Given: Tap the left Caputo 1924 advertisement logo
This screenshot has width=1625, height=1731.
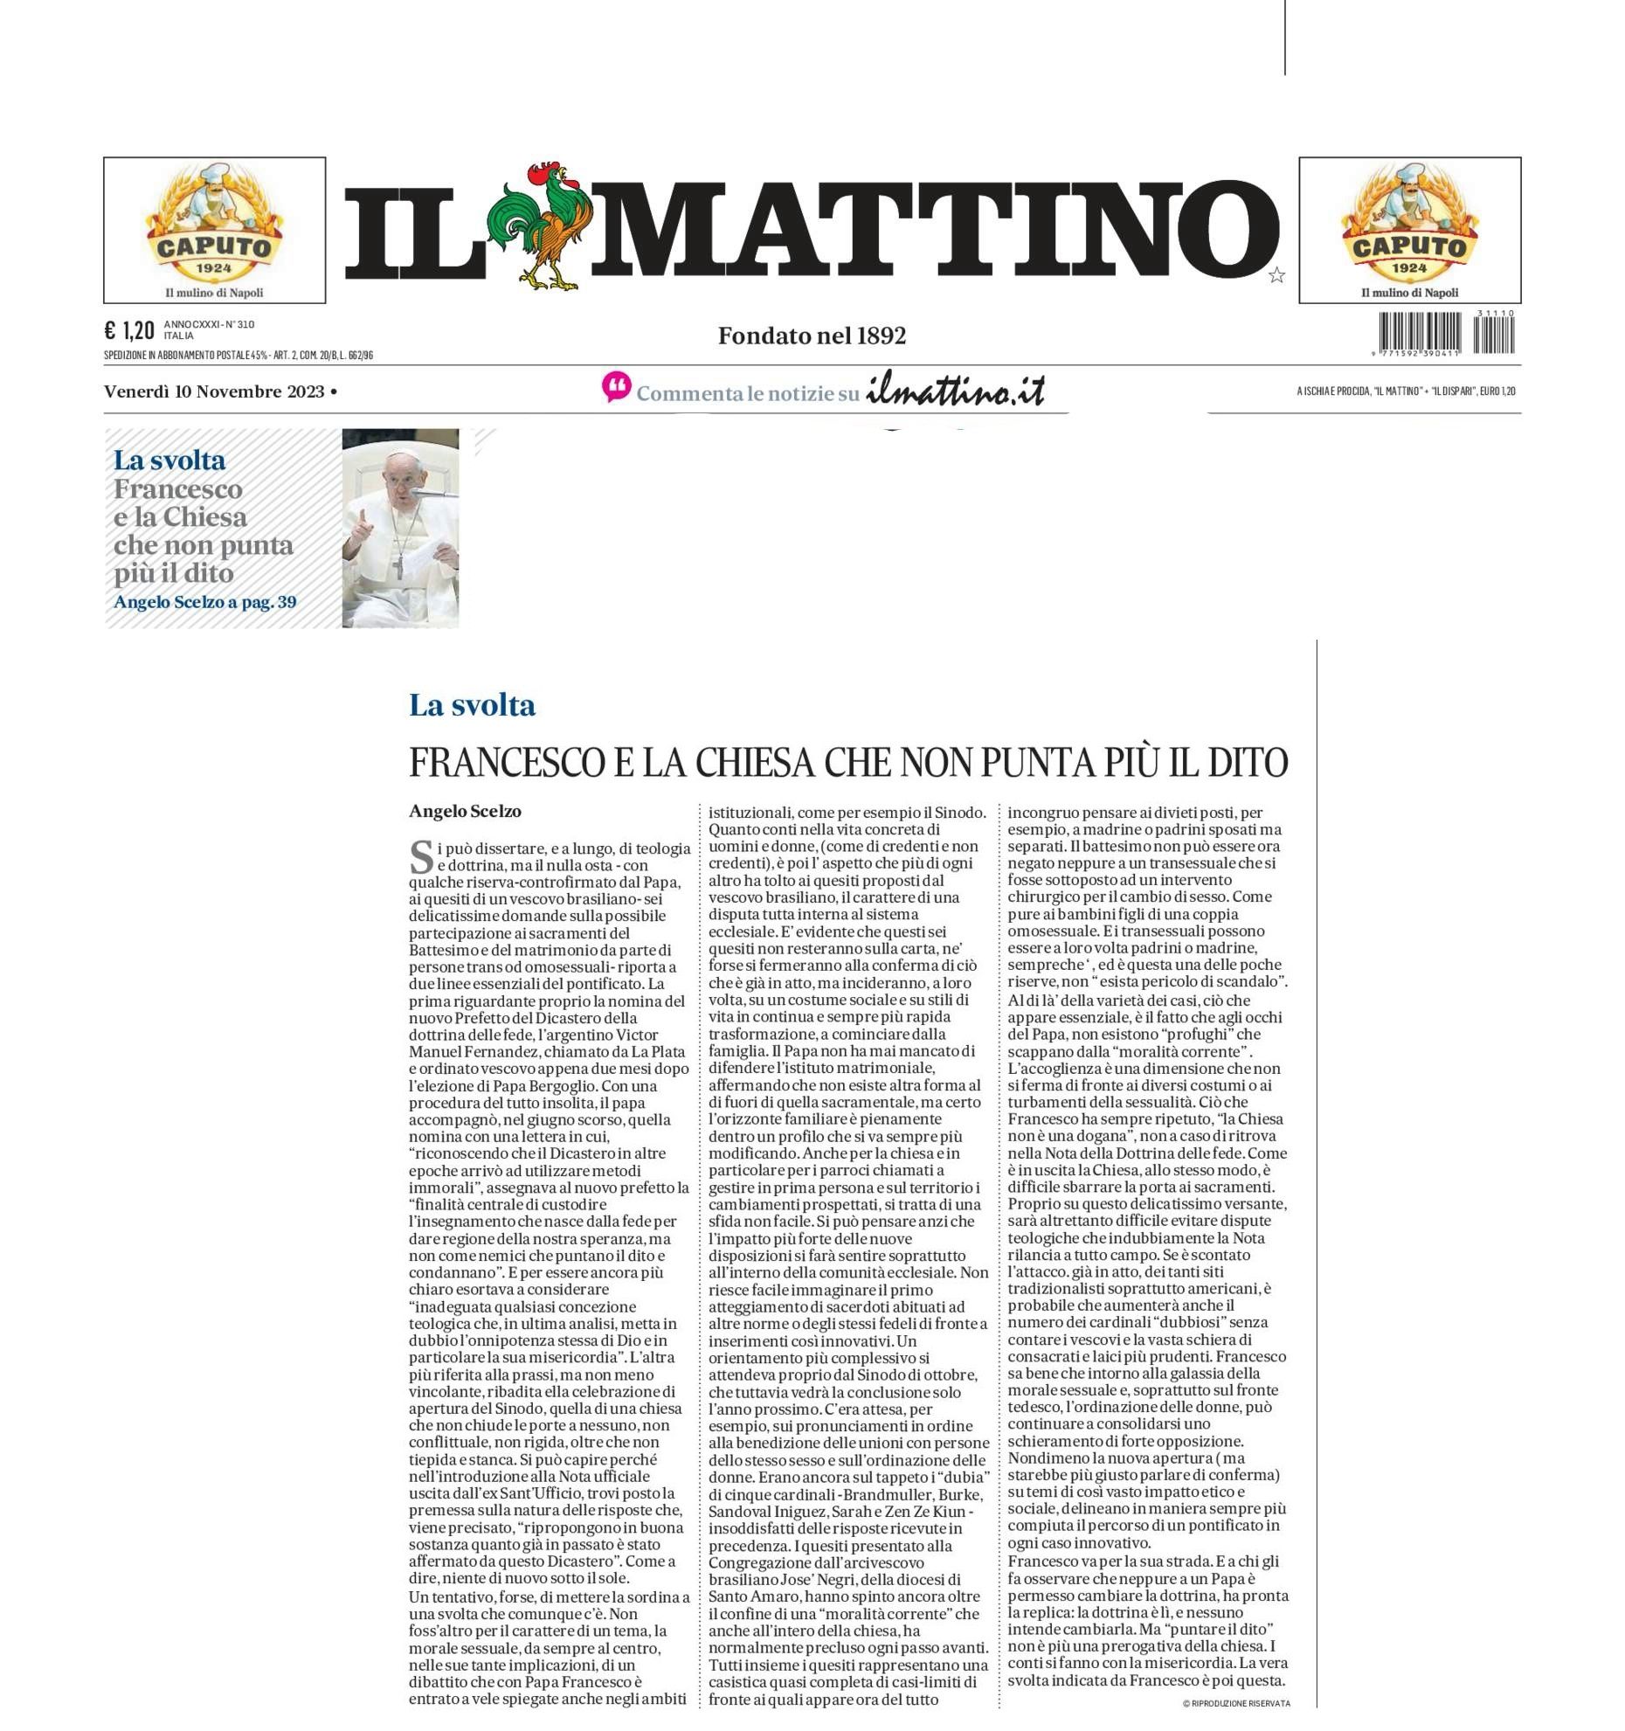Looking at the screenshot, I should (x=214, y=229).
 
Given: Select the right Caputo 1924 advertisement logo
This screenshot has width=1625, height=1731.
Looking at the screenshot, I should (x=1409, y=229).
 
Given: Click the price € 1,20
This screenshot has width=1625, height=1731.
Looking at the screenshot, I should (x=129, y=330).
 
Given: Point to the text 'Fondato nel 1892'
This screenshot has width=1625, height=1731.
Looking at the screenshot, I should (x=812, y=336).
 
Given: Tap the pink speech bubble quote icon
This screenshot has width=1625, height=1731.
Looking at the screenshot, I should (x=616, y=387).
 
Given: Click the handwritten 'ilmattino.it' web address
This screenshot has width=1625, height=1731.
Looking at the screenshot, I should (x=955, y=392).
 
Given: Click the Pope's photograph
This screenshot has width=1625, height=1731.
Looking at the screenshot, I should (x=400, y=528).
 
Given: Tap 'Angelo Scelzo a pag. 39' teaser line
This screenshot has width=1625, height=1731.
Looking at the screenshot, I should (x=204, y=602).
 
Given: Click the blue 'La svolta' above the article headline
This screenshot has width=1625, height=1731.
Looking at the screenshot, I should (x=472, y=705).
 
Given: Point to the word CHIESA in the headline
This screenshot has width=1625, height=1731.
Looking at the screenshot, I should (x=753, y=763).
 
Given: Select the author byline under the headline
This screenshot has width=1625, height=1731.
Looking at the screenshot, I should (x=465, y=811).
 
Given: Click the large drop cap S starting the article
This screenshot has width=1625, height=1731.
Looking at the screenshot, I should (x=421, y=856).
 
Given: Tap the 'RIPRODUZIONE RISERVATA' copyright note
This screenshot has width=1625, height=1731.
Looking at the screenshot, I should (x=1236, y=1703).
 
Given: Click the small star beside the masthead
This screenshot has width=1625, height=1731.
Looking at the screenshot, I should (x=1276, y=276).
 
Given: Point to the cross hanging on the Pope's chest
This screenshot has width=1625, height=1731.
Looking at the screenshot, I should (x=398, y=567).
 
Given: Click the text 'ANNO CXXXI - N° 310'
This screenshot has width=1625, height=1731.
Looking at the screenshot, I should (x=209, y=324).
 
